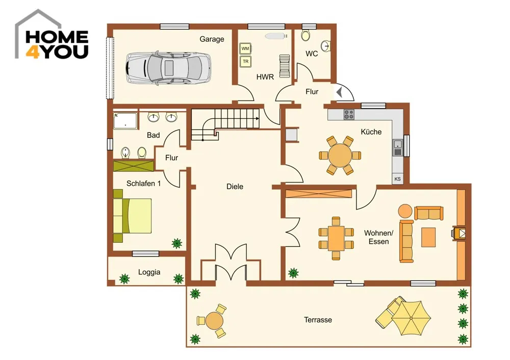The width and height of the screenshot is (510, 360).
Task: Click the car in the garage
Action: pyautogui.click(x=168, y=68)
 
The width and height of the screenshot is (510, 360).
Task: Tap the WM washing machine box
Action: pyautogui.click(x=245, y=49)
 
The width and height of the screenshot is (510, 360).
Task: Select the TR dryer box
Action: pyautogui.click(x=245, y=62)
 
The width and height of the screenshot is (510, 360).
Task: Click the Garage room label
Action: pyautogui.click(x=212, y=39)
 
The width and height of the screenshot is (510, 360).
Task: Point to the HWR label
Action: pyautogui.click(x=265, y=77)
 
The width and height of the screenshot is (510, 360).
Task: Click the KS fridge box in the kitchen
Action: pyautogui.click(x=397, y=179)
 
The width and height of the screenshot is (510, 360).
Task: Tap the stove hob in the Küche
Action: pyautogui.click(x=349, y=114)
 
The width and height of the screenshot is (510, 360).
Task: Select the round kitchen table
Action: pyautogui.click(x=340, y=156)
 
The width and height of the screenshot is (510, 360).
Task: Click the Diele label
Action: pyautogui.click(x=235, y=187)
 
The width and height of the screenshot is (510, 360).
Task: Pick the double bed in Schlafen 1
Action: pyautogui.click(x=133, y=216)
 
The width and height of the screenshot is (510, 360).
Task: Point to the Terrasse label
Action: pyautogui.click(x=318, y=320)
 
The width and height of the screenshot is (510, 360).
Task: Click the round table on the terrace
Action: pyautogui.click(x=214, y=321)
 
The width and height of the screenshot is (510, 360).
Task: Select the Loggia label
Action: pyautogui.click(x=149, y=272)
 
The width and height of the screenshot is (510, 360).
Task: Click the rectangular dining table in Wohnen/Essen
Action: pyautogui.click(x=336, y=238)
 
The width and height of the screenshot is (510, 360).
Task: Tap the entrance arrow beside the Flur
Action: pyautogui.click(x=339, y=92)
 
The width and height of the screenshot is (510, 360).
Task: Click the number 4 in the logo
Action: pyautogui.click(x=32, y=52)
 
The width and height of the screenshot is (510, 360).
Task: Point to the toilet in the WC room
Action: pyautogui.click(x=305, y=35)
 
